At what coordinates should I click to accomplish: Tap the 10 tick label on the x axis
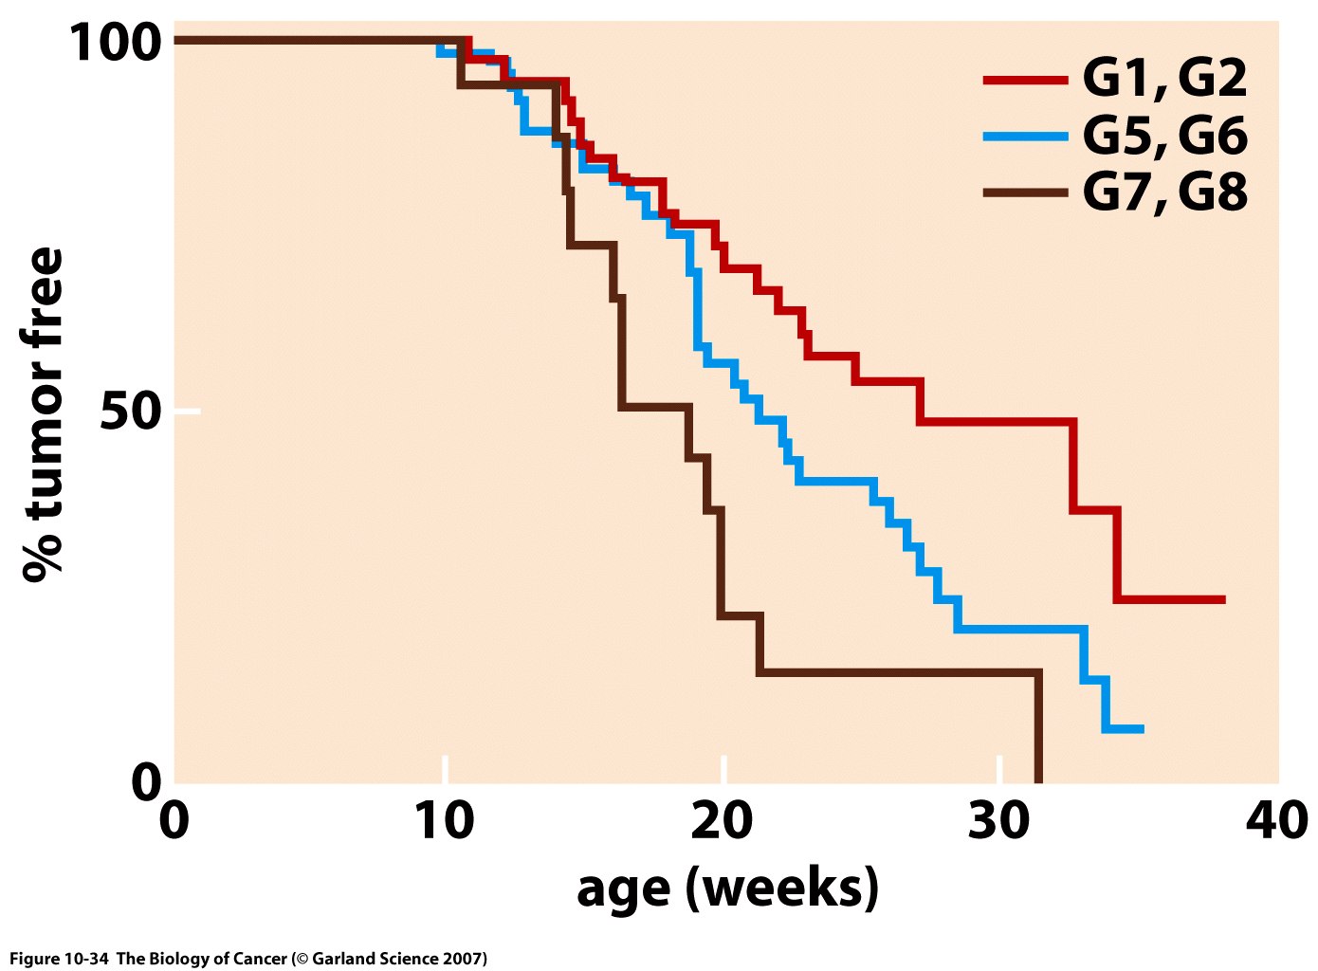[x=444, y=821]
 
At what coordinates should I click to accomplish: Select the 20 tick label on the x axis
[x=723, y=821]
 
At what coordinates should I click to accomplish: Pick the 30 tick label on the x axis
[x=999, y=821]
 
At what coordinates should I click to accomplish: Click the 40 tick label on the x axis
[x=1276, y=821]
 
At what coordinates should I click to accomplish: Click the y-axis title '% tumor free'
[x=44, y=414]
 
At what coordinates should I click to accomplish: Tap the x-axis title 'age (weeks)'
[x=727, y=889]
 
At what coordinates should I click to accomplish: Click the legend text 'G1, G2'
[x=1164, y=79]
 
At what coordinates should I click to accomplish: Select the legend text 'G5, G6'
[x=1164, y=136]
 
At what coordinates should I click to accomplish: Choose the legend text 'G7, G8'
[x=1164, y=192]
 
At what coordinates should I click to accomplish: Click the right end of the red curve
[x=1223, y=599]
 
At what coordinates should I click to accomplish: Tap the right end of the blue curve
[x=1142, y=728]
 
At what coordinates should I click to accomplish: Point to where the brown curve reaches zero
[x=1038, y=780]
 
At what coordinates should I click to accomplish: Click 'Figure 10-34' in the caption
[x=59, y=959]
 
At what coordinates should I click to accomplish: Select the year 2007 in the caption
[x=462, y=959]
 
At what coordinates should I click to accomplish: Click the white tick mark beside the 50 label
[x=187, y=411]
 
